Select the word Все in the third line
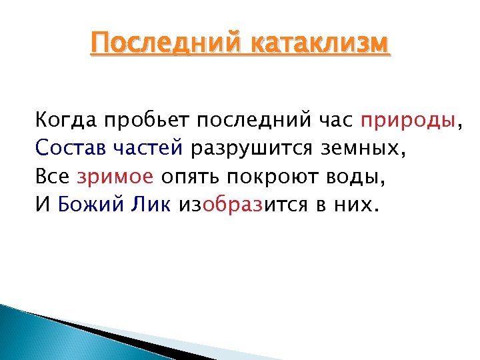[x=53, y=177]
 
